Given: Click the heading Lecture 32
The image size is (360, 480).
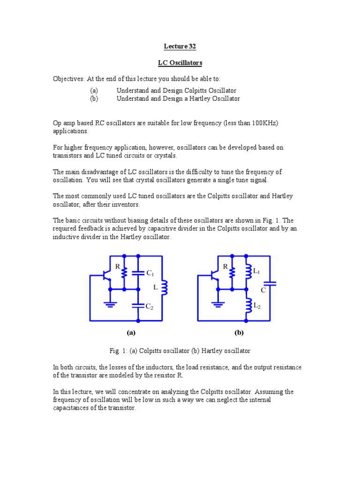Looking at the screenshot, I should pos(180,46).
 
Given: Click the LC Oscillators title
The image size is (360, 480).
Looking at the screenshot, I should pos(180,62).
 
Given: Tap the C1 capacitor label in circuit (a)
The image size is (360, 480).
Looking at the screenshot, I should pos(150,273).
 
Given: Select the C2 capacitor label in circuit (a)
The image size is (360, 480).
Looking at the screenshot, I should pos(150,307).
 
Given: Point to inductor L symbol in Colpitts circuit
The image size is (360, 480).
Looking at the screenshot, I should pos(164,288).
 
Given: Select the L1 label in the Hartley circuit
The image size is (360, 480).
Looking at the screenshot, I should pos(256,271).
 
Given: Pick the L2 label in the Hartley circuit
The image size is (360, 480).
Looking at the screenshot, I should pos(257,306).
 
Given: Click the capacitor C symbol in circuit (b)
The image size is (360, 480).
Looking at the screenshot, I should pos(270,284).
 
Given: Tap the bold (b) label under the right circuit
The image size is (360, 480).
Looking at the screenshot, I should pos(239,333).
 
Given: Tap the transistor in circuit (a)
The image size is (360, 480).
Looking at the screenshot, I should pos(107,276).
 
